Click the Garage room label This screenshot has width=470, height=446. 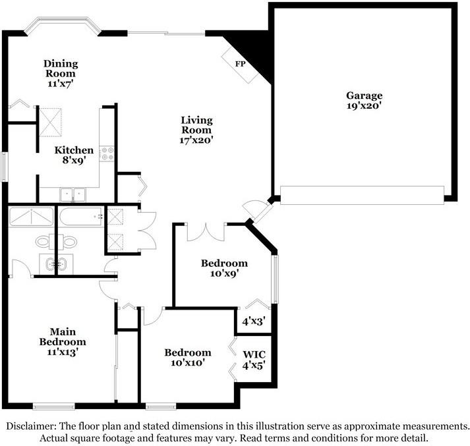tap(364, 96)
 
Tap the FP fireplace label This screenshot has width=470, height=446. tap(240, 64)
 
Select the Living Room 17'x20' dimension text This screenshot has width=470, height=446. tap(196, 140)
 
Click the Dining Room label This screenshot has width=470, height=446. tap(61, 69)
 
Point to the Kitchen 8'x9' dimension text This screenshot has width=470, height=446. tap(74, 160)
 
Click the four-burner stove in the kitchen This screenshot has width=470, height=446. tap(107, 153)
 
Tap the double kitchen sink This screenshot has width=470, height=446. tap(73, 195)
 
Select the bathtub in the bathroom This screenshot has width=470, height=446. tap(81, 216)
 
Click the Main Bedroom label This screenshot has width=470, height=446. tap(63, 337)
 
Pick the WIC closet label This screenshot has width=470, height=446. tap(254, 354)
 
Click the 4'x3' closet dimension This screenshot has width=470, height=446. tap(254, 321)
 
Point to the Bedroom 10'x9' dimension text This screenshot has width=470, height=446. tap(224, 273)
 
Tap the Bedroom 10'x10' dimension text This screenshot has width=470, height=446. tap(188, 363)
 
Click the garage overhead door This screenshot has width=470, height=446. tap(362, 195)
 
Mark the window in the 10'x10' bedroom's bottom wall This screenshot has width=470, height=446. tap(161, 406)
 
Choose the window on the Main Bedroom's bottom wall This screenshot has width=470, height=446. tap(53, 406)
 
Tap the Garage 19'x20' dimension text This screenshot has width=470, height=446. tap(364, 105)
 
